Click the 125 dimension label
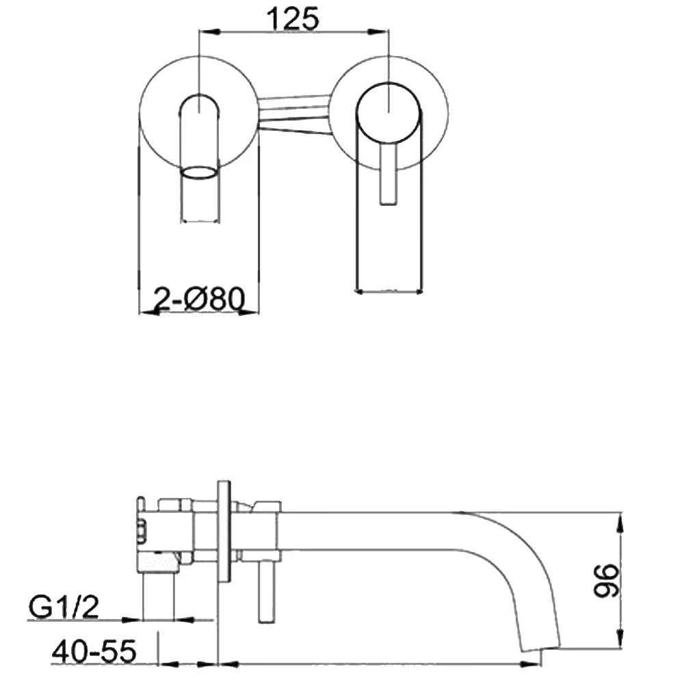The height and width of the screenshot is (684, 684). (293, 19)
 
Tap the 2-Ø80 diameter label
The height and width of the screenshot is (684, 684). (199, 299)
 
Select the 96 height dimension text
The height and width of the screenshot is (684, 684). (606, 580)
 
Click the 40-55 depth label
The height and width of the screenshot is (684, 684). (94, 651)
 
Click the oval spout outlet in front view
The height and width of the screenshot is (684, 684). (199, 172)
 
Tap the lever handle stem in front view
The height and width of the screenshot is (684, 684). (388, 174)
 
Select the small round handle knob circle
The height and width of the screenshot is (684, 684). (389, 113)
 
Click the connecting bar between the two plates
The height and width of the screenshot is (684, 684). (293, 114)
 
